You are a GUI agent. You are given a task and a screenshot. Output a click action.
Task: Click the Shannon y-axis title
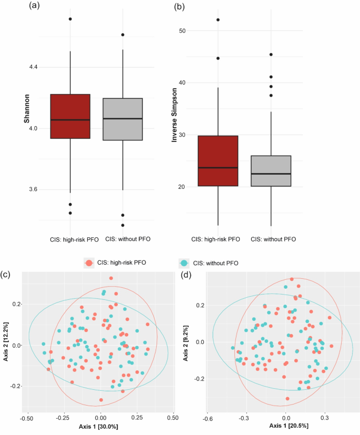(26, 115)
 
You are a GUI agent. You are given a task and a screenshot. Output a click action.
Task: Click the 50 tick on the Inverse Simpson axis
(182, 31)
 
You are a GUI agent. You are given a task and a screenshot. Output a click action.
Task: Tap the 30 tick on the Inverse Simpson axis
(182, 135)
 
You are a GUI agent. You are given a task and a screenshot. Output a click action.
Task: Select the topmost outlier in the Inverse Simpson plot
(218, 20)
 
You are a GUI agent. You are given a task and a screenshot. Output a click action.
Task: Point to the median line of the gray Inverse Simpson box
(271, 174)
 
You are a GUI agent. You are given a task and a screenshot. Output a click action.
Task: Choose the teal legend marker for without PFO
(183, 261)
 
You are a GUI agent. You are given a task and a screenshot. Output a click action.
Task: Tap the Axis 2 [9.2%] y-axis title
(194, 342)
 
